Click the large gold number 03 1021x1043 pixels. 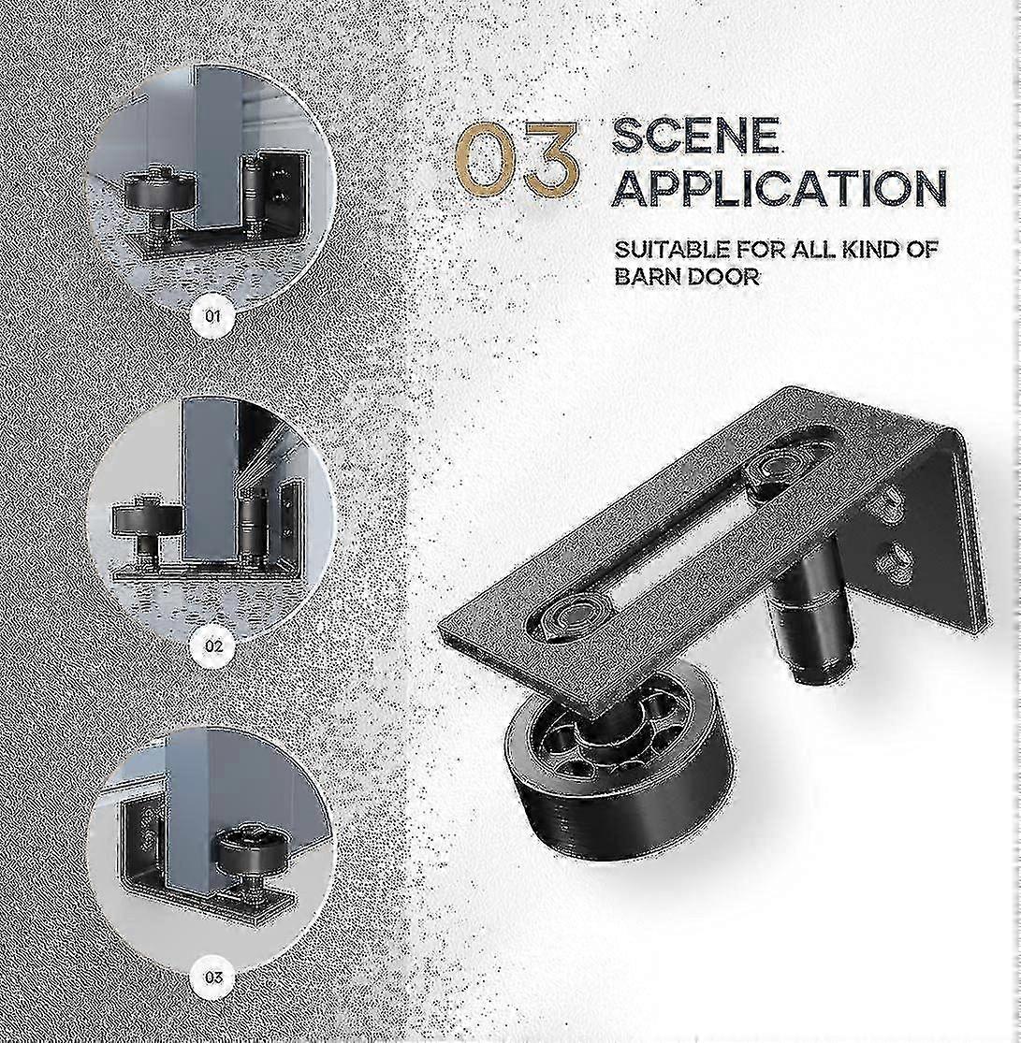(517, 160)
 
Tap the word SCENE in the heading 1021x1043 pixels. (694, 137)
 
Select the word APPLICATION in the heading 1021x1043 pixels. (779, 188)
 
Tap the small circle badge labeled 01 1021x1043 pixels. (213, 315)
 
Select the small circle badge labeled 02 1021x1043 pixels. (214, 645)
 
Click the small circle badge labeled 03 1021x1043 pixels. (214, 978)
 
